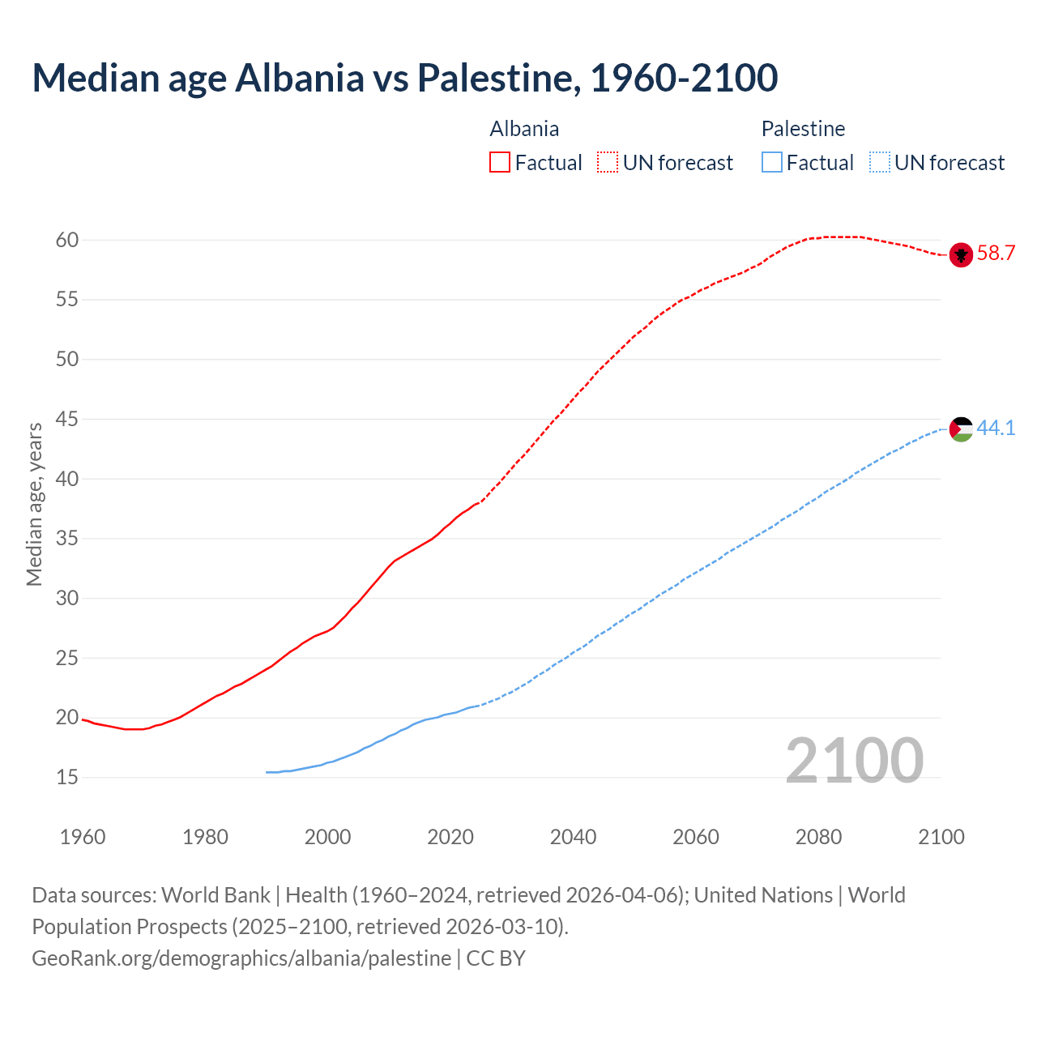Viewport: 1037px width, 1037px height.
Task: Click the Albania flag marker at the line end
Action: (961, 254)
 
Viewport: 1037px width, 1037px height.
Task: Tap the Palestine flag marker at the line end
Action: (961, 429)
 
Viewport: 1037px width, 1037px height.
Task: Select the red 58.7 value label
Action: (996, 254)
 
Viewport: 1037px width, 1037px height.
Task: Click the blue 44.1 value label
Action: (996, 428)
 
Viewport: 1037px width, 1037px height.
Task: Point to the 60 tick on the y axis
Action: (67, 240)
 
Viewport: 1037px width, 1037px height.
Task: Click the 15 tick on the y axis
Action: (67, 778)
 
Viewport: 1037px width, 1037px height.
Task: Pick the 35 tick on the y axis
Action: (67, 539)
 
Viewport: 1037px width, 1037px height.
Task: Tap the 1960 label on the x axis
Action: (83, 837)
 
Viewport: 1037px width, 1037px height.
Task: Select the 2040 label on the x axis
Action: (573, 837)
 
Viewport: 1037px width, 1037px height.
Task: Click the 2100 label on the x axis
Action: (941, 837)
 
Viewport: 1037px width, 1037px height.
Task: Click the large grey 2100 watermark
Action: (854, 761)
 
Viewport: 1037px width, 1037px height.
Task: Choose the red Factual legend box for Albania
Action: (500, 163)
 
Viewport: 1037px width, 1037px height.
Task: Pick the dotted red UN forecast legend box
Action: (608, 163)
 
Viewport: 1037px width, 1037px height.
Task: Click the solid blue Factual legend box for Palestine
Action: (772, 163)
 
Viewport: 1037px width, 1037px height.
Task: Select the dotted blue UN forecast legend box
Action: (879, 163)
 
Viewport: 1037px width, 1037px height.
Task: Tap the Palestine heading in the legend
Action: (803, 129)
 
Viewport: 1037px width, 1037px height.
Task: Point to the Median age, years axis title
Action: (34, 504)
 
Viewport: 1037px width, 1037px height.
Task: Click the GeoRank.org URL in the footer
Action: (241, 958)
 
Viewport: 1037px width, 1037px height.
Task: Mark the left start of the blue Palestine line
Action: (267, 772)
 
